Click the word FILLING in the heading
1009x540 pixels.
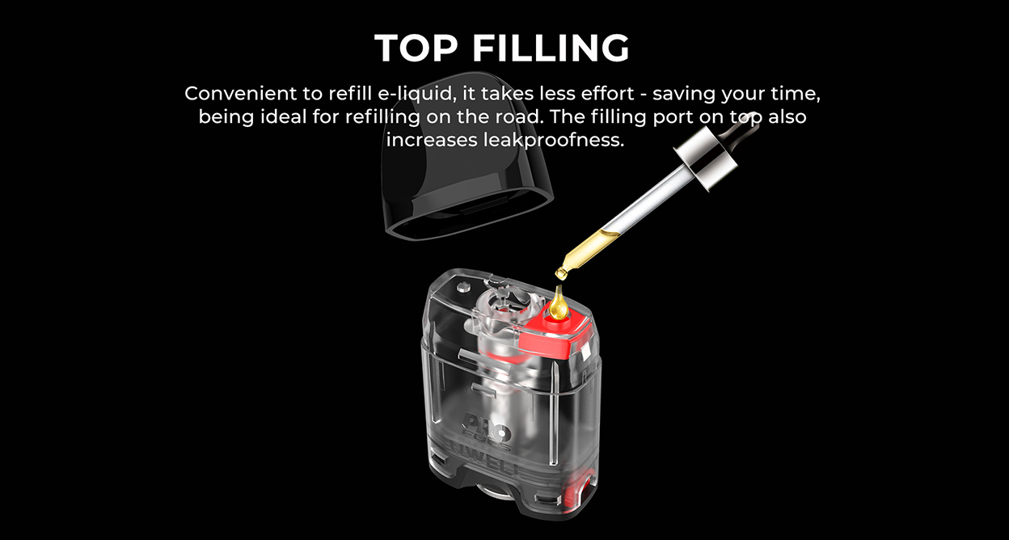[x=551, y=49]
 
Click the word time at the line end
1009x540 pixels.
[x=792, y=93]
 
